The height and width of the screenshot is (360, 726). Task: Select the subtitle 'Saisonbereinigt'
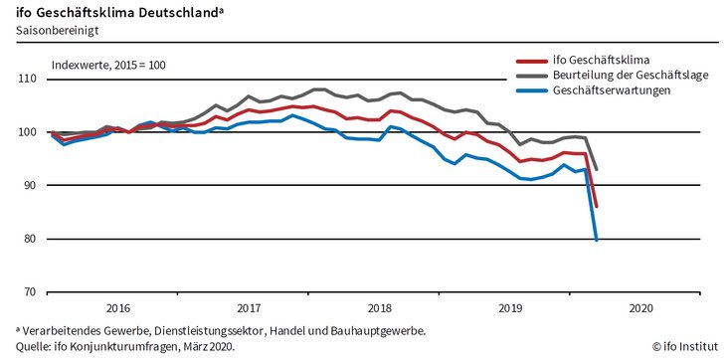(57, 31)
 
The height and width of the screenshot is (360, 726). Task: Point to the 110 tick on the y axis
(27, 79)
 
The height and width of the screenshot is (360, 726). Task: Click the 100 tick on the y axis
(27, 132)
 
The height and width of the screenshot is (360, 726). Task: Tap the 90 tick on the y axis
(29, 186)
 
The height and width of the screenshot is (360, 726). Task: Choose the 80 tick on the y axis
(29, 239)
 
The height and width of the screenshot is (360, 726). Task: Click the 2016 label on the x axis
(117, 308)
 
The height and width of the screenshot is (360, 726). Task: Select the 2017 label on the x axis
(249, 308)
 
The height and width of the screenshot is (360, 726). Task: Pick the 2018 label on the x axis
(379, 308)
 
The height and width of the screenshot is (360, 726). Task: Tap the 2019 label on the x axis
(510, 308)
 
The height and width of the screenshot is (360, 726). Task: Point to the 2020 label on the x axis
(641, 308)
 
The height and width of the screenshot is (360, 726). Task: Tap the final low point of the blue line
(596, 240)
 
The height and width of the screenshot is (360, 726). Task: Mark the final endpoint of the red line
(596, 207)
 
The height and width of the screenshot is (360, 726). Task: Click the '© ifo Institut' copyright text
(683, 346)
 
